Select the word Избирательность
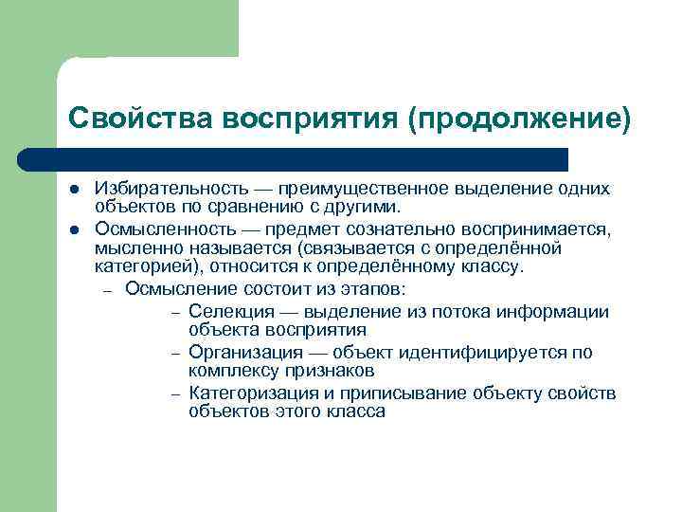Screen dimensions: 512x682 (x=159, y=190)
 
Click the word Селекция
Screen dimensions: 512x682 (x=226, y=312)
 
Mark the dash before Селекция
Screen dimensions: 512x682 (x=176, y=313)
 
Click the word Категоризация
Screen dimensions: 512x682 (x=248, y=393)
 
